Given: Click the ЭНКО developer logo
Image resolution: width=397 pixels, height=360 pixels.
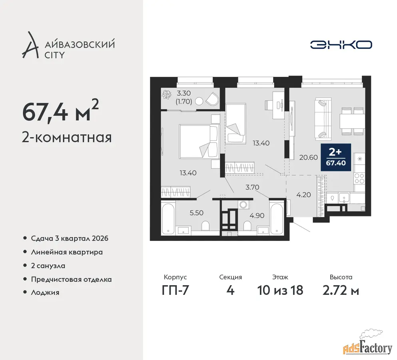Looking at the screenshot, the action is coord(341,45).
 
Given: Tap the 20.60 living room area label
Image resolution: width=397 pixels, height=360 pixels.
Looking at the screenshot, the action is coord(308,157).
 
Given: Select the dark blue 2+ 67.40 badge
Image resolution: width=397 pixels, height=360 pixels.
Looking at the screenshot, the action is coord(336,157).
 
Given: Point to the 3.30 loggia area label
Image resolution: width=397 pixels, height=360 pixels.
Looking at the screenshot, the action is coord(184,93).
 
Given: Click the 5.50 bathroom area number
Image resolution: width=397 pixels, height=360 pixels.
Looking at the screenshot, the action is coord(196,213).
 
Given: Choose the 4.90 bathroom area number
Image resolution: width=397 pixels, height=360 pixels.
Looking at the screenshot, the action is coord(257,216).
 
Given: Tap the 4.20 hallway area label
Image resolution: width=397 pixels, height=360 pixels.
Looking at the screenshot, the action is coord(303,195).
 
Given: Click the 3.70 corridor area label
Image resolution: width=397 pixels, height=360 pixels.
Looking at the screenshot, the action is coord(252,187).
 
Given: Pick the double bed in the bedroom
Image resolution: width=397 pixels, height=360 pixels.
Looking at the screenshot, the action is coord(198,141).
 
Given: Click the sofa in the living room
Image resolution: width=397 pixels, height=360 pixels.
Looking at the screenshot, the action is coord(323,119).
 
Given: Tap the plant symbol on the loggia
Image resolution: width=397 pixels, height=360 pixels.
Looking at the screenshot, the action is coord(167,94).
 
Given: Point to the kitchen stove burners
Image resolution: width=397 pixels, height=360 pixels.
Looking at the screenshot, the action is coord(359,178).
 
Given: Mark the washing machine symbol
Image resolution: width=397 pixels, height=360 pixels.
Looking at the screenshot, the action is coord(244,205).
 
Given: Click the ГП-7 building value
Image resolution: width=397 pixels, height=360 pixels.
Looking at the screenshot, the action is coord(176,290).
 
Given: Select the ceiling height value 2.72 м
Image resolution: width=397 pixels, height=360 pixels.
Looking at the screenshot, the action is coord(341,290).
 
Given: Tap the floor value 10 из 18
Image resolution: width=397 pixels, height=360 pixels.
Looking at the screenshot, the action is coord(280,290).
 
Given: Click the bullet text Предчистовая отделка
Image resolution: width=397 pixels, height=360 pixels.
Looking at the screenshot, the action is coord(72,280).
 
